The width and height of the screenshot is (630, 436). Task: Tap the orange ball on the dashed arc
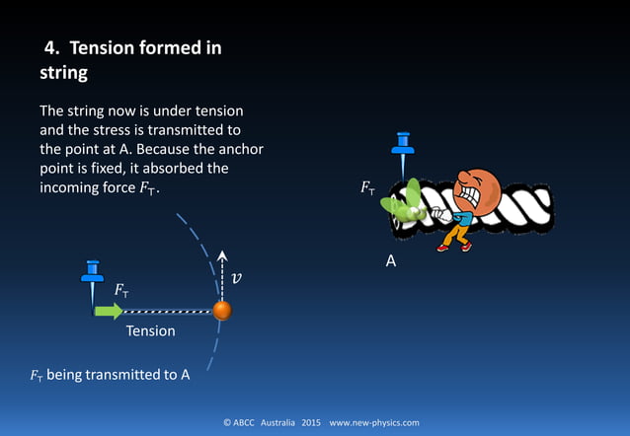click(x=222, y=311)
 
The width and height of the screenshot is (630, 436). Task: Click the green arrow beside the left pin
click(x=108, y=311)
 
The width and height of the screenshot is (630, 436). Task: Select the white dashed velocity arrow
click(x=222, y=276)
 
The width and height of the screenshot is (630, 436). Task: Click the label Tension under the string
click(x=150, y=331)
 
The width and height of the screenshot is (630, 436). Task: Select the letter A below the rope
click(x=390, y=262)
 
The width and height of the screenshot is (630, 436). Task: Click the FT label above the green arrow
click(x=121, y=291)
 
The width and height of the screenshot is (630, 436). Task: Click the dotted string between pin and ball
click(x=168, y=311)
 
